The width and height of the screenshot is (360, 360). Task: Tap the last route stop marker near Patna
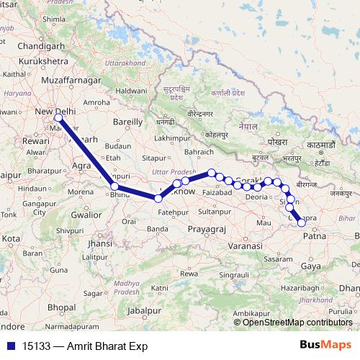point(302,222)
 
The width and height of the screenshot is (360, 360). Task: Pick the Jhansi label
point(99,245)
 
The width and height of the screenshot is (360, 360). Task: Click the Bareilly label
point(130,122)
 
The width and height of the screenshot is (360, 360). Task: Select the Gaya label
point(311,266)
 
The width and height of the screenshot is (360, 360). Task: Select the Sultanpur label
point(215,212)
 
